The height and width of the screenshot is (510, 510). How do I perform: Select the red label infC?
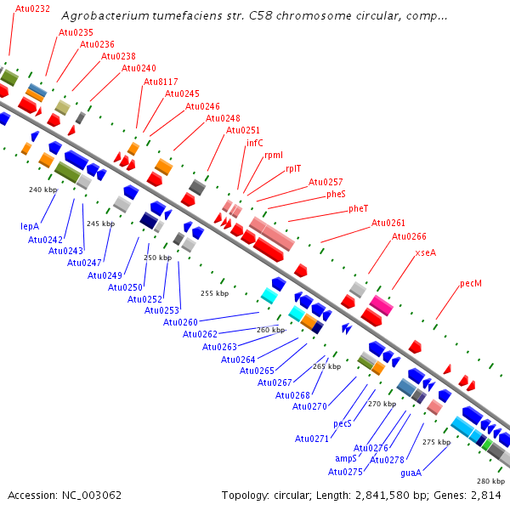click(x=255, y=143)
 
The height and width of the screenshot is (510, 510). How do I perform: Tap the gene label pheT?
click(x=359, y=208)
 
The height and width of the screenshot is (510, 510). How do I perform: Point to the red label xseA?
click(x=426, y=252)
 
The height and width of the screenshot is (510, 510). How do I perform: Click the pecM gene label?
click(x=470, y=283)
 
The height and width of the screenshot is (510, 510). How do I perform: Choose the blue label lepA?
click(x=31, y=226)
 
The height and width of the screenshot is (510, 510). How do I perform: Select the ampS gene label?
click(x=346, y=458)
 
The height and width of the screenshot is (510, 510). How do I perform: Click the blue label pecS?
click(x=343, y=422)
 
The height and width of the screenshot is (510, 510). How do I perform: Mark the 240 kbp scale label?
click(x=42, y=190)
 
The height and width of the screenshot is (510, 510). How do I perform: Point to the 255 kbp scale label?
click(x=214, y=293)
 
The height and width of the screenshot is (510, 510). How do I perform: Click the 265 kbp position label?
click(x=326, y=366)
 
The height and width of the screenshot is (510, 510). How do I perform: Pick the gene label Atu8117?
click(x=161, y=82)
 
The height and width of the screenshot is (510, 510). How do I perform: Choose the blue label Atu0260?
click(x=180, y=322)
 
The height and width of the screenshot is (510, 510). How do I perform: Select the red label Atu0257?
click(x=326, y=182)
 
